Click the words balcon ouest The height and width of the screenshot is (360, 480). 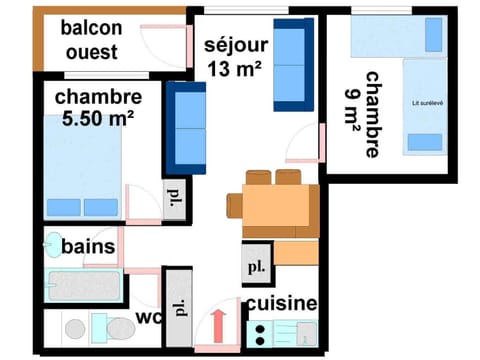(x=92, y=39)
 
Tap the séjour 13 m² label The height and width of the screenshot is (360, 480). (x=236, y=56)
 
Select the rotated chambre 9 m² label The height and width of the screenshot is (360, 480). (x=370, y=114)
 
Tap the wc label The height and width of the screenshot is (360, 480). (x=148, y=319)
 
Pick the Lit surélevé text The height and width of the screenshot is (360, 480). (x=428, y=102)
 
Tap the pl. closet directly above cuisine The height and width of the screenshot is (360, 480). (x=255, y=267)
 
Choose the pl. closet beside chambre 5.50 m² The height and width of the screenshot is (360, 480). (x=175, y=198)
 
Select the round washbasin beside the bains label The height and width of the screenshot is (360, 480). (x=52, y=245)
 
